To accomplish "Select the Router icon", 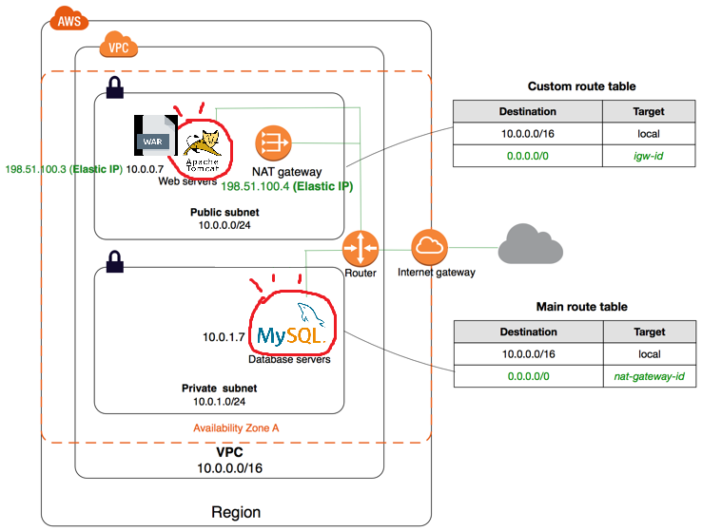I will point(361,249).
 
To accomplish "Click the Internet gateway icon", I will point(429,248).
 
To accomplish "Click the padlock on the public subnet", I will point(114,88).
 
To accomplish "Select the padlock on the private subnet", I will point(114,260).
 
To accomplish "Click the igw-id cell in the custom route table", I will point(648,155).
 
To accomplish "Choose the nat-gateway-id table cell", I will point(648,377).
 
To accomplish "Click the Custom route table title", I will point(581,86).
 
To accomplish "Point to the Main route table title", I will point(581,307).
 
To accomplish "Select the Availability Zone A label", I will point(236,427).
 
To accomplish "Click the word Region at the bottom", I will point(236,512).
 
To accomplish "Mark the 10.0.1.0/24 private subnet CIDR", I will point(220,402).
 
